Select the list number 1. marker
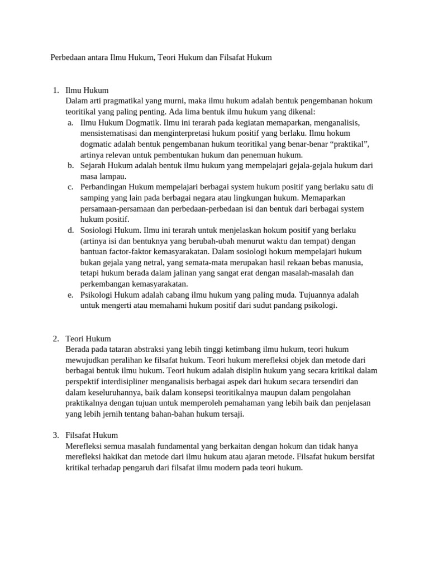(56, 90)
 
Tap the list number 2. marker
(56, 339)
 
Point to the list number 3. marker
(56, 435)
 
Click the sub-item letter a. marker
(70, 122)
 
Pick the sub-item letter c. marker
(70, 187)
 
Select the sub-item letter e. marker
(70, 295)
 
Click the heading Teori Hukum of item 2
(88, 339)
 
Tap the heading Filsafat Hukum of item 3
(92, 435)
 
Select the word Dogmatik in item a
(145, 122)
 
